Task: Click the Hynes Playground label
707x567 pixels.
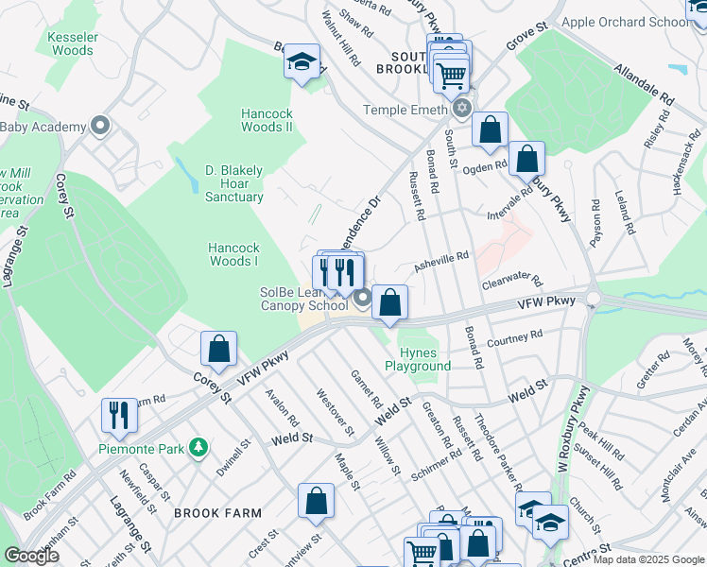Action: pos(418,358)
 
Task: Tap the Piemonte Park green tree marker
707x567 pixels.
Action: pos(198,446)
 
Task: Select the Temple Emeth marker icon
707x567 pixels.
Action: pos(461,110)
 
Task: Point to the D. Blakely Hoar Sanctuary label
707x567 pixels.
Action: pos(234,183)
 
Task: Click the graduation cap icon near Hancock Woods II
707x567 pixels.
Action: pos(302,63)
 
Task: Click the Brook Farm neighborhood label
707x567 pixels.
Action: pos(223,513)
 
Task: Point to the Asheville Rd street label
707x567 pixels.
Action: pos(441,257)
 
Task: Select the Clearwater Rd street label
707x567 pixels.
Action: pos(511,282)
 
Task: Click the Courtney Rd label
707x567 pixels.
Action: pos(515,338)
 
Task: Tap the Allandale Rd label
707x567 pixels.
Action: pos(643,83)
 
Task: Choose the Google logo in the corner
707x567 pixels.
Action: pos(31,556)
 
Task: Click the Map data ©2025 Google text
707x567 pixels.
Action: pos(647,559)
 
